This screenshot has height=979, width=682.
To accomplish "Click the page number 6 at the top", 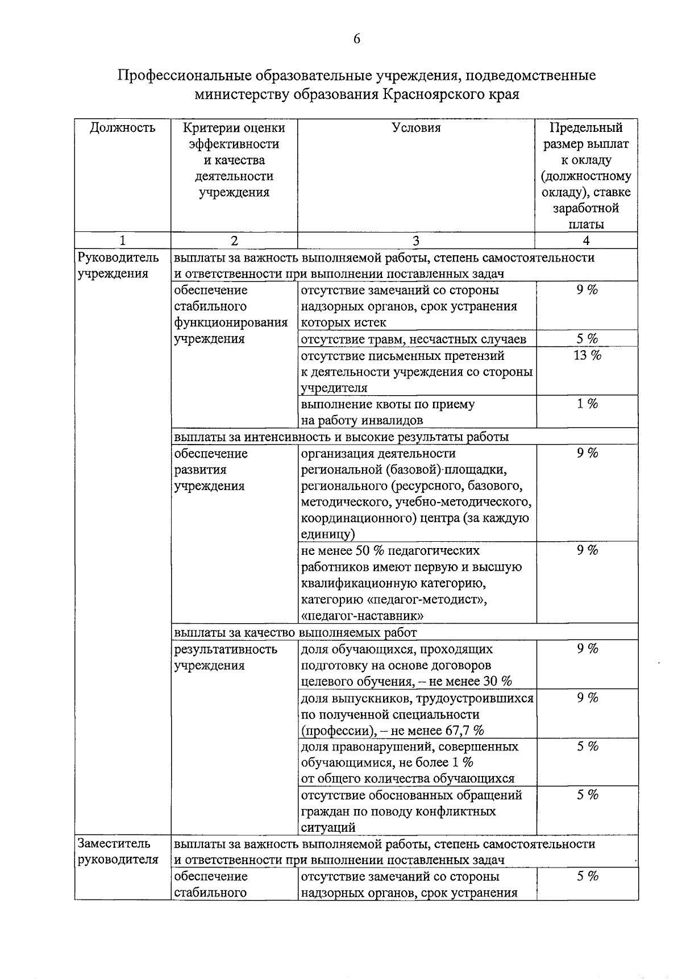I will coord(356,39).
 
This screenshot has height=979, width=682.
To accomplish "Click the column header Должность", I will coord(123,128).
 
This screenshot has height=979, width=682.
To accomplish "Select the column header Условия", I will coord(416,128).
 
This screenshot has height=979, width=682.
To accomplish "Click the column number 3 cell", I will coord(416,240).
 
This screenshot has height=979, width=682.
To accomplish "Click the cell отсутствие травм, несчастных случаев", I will coord(413,339).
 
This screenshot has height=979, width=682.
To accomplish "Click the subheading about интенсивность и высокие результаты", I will coord(341,437).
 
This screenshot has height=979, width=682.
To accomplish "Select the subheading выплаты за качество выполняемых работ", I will coord(296,632).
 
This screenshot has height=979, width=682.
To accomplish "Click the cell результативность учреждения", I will coord(226,657).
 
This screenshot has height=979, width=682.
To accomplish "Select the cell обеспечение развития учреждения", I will coord(211,470).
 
